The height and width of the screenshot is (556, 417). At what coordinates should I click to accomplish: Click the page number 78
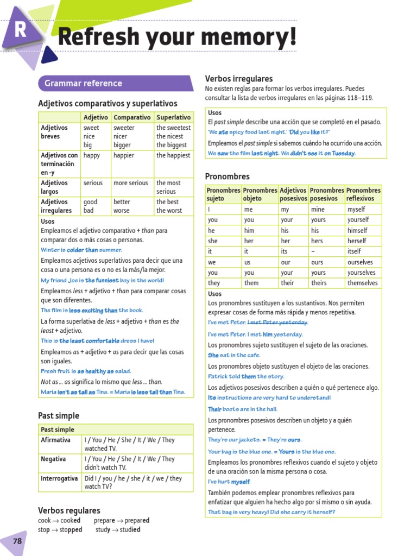[17, 541]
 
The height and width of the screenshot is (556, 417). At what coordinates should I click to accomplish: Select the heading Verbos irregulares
[238, 79]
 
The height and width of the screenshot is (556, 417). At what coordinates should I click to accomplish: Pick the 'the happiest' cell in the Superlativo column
[173, 155]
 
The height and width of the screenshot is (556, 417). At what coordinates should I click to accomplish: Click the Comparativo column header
[132, 117]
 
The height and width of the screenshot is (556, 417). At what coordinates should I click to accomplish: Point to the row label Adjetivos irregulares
[56, 206]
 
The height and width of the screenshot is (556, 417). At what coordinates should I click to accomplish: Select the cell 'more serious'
[130, 183]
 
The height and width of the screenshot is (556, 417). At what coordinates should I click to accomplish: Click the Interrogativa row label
[59, 478]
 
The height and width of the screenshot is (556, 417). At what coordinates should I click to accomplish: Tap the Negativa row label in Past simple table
[53, 459]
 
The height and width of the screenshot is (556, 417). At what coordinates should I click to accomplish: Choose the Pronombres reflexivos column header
[363, 194]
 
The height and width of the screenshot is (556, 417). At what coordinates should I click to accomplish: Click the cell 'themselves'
[362, 283]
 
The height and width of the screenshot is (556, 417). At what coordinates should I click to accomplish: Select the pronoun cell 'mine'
[318, 209]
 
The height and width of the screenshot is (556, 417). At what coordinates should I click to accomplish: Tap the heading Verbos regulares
[69, 510]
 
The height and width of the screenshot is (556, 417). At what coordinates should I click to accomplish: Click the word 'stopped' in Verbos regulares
[68, 530]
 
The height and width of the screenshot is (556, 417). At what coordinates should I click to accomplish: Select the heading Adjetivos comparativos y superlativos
[108, 103]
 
